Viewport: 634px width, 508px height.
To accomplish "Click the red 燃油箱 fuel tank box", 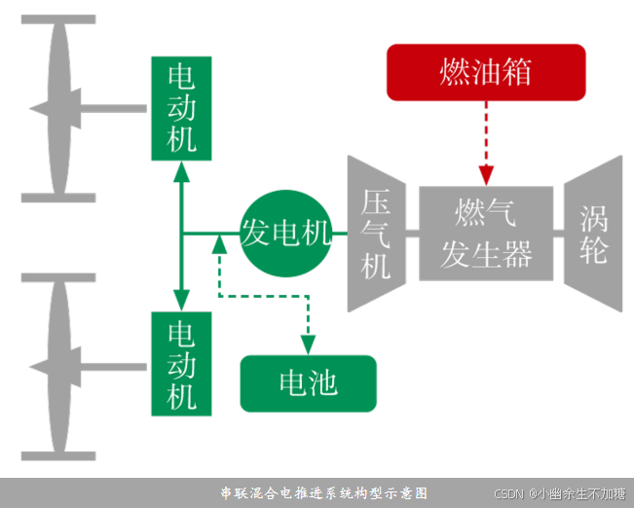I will (x=486, y=72).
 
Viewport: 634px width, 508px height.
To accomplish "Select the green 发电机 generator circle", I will (x=285, y=233).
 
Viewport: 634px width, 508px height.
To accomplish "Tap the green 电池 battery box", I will (x=308, y=382).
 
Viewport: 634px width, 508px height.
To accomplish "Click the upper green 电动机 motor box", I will (x=181, y=108).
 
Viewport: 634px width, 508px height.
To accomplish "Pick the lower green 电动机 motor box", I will (x=181, y=363).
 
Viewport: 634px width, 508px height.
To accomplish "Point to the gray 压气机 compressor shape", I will (x=377, y=234).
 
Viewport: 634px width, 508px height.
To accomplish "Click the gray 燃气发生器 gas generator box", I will (x=486, y=233).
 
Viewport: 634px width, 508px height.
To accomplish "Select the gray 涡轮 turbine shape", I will (x=593, y=234).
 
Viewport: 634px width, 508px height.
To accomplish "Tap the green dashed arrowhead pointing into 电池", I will (x=308, y=345).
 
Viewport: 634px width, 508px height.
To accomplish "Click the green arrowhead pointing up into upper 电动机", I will (x=181, y=172).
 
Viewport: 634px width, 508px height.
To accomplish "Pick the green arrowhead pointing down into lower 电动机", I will (x=181, y=299).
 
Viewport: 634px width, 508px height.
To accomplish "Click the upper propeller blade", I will (x=58, y=107).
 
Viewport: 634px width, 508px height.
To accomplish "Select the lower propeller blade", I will (x=58, y=366).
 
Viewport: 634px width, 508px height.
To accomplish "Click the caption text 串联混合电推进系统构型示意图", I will (x=323, y=493).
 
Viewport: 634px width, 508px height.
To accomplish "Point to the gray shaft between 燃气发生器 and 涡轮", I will (x=559, y=234).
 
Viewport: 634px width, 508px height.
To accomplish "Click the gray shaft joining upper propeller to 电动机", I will (x=117, y=108).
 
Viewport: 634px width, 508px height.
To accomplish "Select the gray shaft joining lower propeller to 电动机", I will (x=117, y=367).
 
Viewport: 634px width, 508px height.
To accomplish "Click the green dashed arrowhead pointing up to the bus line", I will (x=219, y=244).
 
